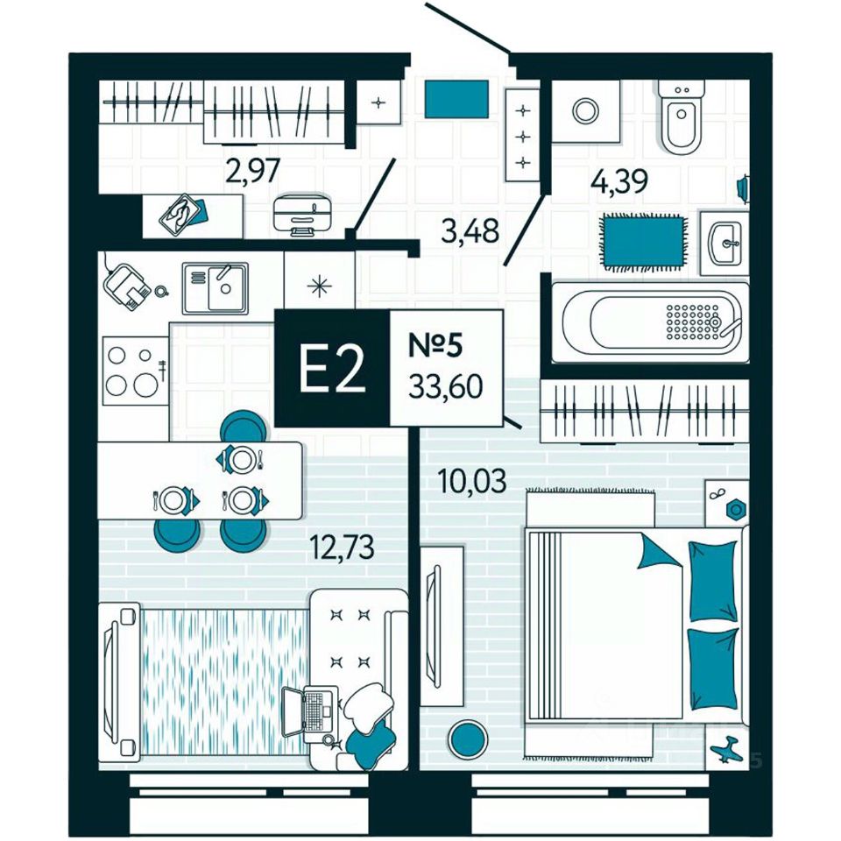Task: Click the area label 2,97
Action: [x=252, y=170]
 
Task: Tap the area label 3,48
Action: [x=470, y=232]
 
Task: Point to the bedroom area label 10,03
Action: [x=471, y=481]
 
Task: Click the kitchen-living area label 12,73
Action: [x=342, y=548]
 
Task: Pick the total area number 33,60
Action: [x=446, y=385]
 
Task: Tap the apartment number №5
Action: [x=435, y=344]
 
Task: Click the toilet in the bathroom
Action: [x=681, y=118]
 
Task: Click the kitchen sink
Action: [x=216, y=287]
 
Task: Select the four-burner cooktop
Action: [x=131, y=371]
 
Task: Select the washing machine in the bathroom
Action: [x=583, y=110]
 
